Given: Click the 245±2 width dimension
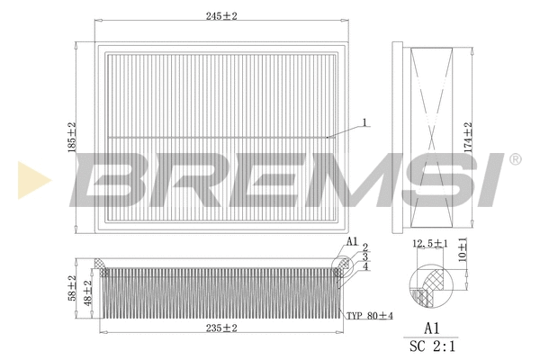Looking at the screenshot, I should tap(225, 16).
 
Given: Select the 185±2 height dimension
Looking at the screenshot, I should tap(73, 137).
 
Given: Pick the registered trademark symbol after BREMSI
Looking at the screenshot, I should tap(514, 159).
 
